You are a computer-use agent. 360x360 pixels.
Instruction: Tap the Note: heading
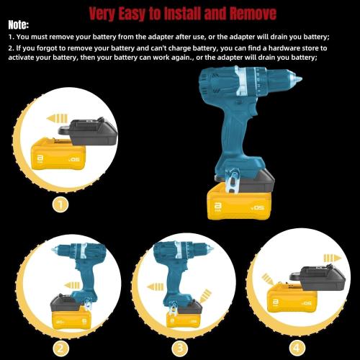coord(19,25)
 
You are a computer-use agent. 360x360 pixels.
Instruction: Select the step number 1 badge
coord(61,204)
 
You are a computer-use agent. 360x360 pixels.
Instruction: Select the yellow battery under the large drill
coord(238,204)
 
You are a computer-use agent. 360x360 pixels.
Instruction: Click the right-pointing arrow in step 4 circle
coord(330,257)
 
